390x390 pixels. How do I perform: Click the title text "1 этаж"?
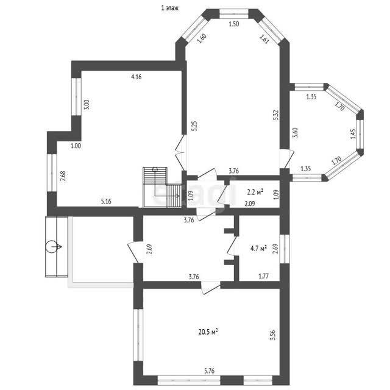[170, 8]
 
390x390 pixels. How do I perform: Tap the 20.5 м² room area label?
[208, 331]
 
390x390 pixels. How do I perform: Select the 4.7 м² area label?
[258, 248]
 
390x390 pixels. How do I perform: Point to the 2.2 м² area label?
[255, 192]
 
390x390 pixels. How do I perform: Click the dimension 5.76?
[209, 371]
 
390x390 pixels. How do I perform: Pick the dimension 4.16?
[136, 77]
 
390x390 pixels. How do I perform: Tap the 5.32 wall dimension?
[275, 115]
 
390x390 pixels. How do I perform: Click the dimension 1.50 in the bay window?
[234, 24]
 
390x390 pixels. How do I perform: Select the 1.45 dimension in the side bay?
[353, 134]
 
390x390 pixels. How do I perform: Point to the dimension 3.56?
[272, 335]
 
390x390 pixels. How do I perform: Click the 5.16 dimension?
[106, 202]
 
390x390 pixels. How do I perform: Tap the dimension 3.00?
[87, 105]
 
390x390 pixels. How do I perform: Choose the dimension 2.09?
[250, 204]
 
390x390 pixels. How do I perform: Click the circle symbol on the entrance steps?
[51, 247]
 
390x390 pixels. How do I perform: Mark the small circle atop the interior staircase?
[155, 169]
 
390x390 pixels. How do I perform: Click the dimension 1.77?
[264, 276]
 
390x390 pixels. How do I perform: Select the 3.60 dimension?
[295, 133]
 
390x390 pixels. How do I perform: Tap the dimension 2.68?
[63, 176]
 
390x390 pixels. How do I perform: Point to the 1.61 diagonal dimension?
[264, 39]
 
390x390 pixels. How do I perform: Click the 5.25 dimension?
[194, 126]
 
